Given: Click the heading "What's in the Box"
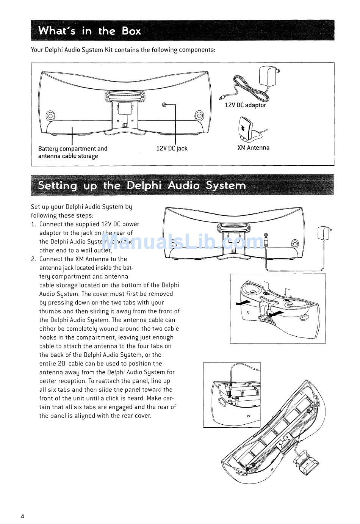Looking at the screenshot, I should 89,31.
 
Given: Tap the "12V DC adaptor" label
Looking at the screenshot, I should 245,105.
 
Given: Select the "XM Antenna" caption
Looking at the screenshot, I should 253,147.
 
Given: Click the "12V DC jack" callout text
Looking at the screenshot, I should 172,148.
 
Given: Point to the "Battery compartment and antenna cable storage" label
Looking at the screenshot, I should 72,152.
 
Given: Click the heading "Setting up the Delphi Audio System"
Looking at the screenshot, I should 142,185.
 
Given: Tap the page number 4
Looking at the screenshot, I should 22,516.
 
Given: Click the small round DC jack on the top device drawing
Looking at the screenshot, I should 164,105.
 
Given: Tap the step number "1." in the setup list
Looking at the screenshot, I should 34,224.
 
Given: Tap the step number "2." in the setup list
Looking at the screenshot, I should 34,259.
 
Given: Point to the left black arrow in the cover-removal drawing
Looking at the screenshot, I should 243,303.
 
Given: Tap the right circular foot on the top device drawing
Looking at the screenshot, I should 199,115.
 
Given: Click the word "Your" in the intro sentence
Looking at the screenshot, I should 37,50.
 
